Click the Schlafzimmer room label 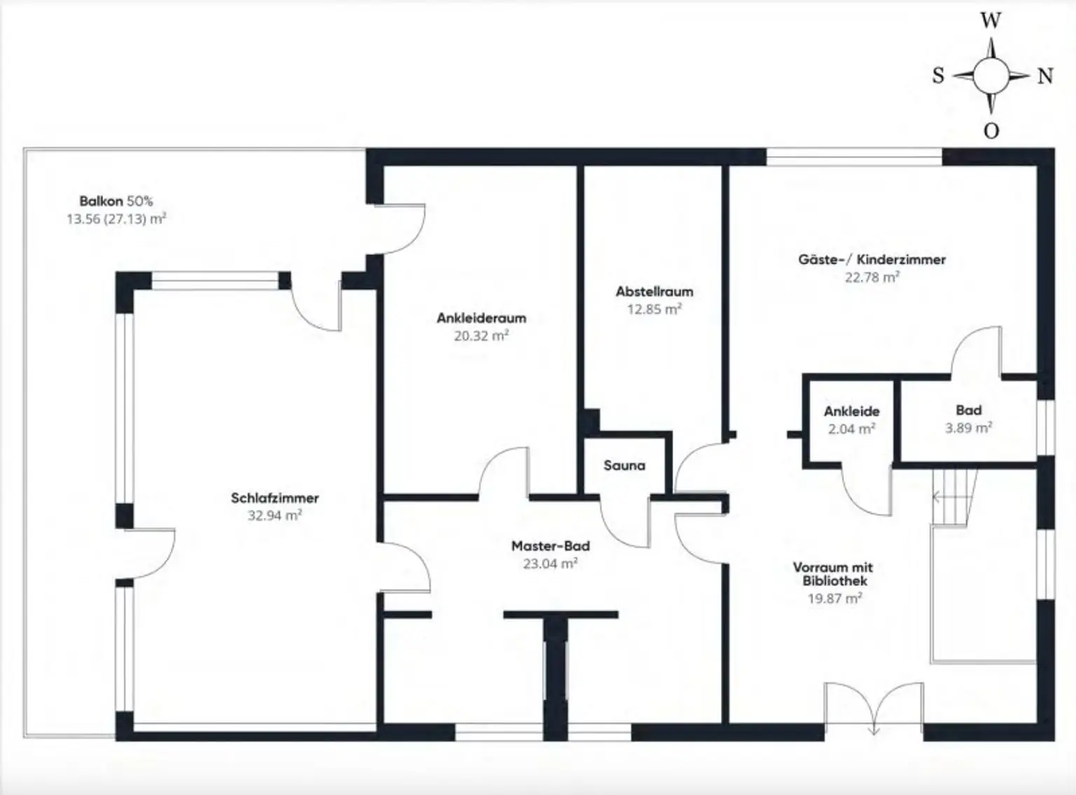coord(275,498)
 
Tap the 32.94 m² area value coord(275,516)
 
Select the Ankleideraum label coord(481,318)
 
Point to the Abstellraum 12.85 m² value coord(654,309)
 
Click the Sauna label coord(624,465)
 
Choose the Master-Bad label coord(551,546)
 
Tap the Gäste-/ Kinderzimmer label coord(872,259)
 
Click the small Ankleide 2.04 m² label coord(851,420)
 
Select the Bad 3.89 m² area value coord(968,428)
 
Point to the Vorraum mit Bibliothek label coord(833,574)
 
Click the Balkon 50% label coord(116,201)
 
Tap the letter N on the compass coord(1045,76)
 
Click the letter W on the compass coord(991,21)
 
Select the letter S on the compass coord(938,76)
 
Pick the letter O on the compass coord(991,131)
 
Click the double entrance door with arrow coord(874,707)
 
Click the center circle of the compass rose coord(991,75)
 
